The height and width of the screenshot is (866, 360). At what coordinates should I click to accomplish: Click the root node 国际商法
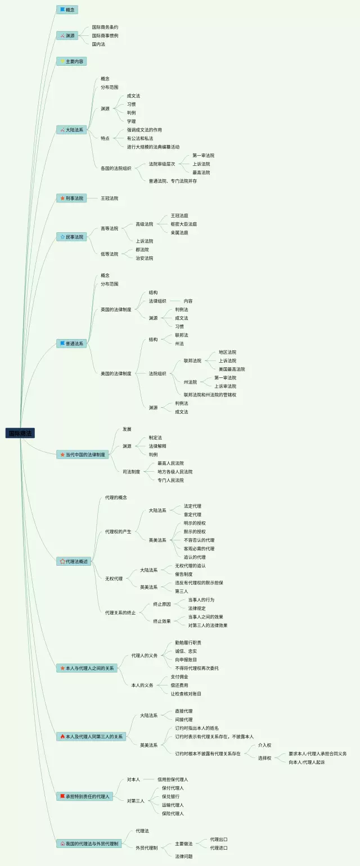point(21,433)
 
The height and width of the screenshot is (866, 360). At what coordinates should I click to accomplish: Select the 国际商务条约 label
point(105,27)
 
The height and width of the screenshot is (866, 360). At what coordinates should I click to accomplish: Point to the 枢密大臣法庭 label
point(183,224)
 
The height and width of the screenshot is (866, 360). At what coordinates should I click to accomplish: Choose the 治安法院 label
point(144,258)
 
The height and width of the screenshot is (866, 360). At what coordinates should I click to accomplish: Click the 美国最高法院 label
point(232,369)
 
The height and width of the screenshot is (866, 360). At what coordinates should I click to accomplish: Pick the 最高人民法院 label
point(170,463)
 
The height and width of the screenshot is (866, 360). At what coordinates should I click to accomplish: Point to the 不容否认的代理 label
point(199,540)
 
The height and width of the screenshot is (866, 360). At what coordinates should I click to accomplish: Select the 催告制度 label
point(183,574)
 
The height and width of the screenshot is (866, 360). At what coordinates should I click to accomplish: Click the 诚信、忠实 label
point(186,651)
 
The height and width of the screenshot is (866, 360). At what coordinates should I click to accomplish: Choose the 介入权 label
point(264,745)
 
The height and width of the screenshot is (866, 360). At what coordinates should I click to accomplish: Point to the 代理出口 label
point(219,839)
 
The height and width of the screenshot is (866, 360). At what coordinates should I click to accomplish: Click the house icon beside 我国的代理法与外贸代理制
point(62,844)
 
